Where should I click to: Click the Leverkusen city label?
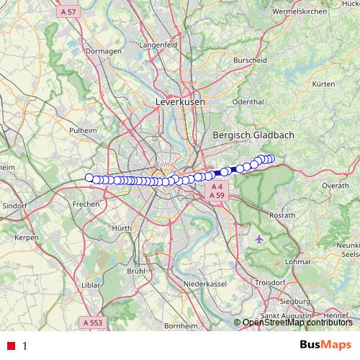[180, 103]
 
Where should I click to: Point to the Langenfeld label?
[178, 45]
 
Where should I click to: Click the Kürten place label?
[324, 84]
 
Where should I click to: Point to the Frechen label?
[85, 204]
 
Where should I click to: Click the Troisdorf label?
[270, 283]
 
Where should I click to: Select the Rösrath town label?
[282, 215]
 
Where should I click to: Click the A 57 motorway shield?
[69, 12]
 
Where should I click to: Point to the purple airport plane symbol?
[259, 238]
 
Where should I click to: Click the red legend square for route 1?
[10, 346]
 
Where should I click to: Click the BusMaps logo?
[325, 345]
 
